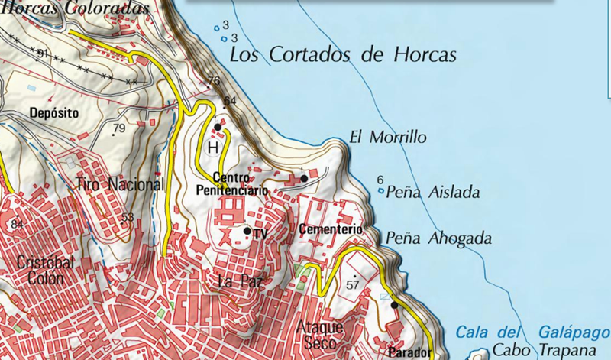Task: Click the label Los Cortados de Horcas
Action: [343, 55]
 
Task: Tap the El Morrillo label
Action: [387, 138]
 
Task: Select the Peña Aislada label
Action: [434, 192]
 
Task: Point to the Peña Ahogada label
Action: [438, 237]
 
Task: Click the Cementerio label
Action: [330, 229]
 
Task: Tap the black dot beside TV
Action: [247, 230]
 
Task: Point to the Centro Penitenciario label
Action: [232, 183]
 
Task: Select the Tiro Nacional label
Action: [121, 184]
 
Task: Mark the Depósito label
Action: [53, 112]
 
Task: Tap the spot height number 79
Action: [119, 128]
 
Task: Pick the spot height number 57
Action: [352, 284]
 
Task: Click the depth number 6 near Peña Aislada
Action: [380, 180]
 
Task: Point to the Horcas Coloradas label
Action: [76, 7]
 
